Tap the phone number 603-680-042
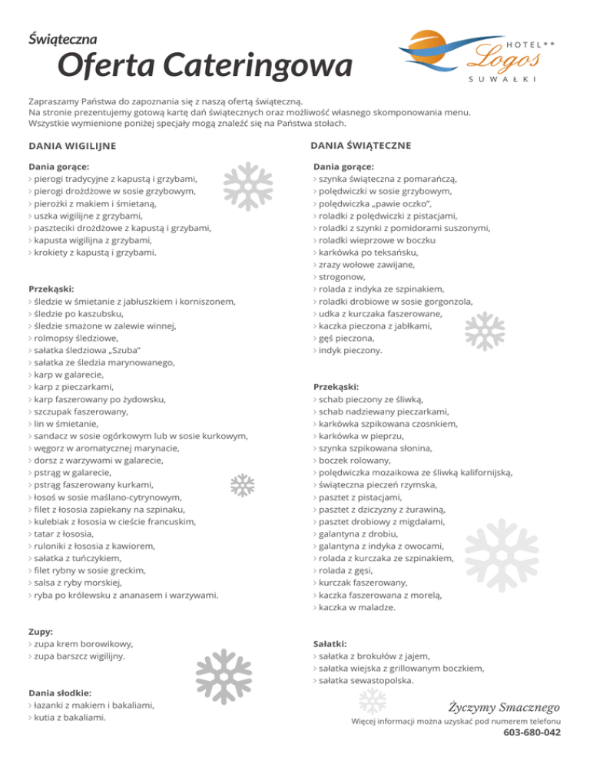click(532, 733)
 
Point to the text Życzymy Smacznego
click(504, 705)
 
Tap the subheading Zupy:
click(41, 631)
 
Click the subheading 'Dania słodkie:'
click(60, 692)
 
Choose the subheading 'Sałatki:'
click(330, 643)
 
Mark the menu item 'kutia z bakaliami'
click(68, 718)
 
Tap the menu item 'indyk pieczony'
click(351, 350)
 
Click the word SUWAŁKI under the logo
click(502, 80)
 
